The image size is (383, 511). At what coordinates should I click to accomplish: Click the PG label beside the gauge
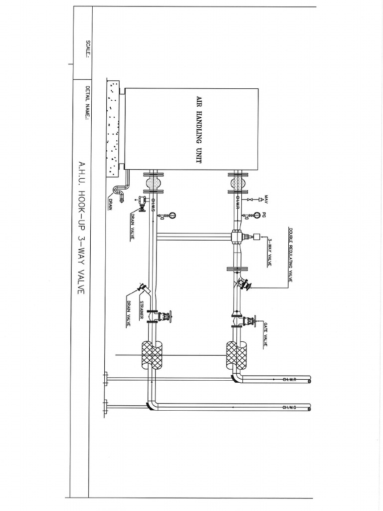point(264,216)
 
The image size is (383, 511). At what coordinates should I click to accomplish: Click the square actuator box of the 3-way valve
point(257,237)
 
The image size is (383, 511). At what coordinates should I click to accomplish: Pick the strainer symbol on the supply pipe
point(144,288)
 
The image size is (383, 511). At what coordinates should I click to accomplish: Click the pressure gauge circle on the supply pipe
point(172,216)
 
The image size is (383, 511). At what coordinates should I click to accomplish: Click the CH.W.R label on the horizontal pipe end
point(289,380)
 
